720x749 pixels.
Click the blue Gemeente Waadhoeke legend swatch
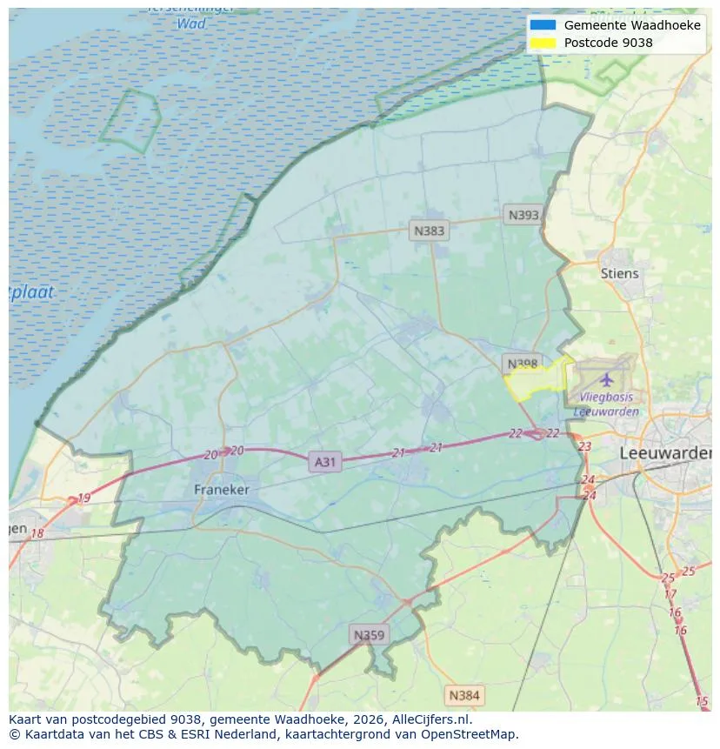coord(543,25)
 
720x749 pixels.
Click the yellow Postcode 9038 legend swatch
coord(543,42)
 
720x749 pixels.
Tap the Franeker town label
coord(221,490)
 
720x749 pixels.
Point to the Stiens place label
coord(619,273)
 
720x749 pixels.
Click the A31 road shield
coord(324,462)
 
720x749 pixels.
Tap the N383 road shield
coord(429,231)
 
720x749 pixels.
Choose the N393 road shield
coord(524,215)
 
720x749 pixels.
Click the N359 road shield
coord(368,635)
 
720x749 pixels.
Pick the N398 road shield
coord(523,363)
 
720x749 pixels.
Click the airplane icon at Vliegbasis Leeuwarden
coord(606,379)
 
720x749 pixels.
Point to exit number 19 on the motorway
coord(83,498)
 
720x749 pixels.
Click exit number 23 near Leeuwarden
coord(584,446)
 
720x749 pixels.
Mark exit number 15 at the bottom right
coord(702,701)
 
